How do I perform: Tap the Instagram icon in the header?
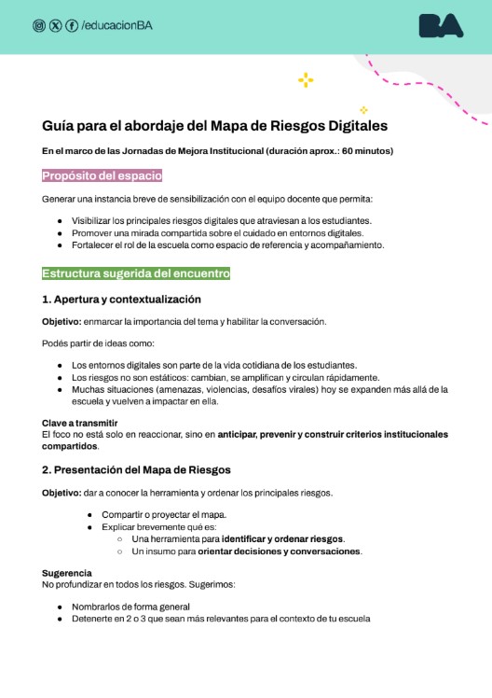coord(39,25)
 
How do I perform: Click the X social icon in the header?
coord(55,25)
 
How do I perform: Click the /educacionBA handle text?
coord(116,25)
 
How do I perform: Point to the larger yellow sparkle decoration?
coord(305,80)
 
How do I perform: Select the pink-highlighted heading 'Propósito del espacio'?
coord(102,175)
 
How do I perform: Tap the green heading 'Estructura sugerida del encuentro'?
coord(135,273)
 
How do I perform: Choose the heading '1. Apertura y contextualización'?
coord(121,300)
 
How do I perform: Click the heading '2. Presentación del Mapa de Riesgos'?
coord(136,468)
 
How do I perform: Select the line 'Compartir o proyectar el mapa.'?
coord(164,514)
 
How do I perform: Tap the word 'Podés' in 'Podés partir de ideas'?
coord(55,342)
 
